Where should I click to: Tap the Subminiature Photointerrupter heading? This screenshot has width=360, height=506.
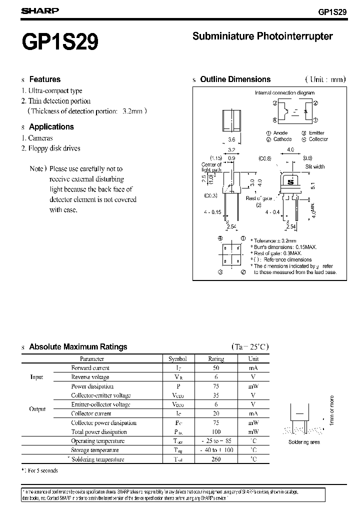point(262,36)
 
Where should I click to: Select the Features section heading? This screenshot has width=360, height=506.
point(44,79)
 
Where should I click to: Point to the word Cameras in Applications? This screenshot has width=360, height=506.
point(40,137)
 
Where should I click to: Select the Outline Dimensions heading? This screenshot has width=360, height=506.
point(235,79)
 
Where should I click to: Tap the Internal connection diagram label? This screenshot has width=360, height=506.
point(284,93)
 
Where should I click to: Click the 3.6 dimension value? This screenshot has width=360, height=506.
point(231,140)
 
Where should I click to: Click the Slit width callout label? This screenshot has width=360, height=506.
point(315,166)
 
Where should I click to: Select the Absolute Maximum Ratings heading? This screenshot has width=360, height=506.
point(78,346)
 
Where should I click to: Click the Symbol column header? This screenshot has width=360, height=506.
point(177,359)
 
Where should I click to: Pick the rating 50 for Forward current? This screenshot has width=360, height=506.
point(216,368)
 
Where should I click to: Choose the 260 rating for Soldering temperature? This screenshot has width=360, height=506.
point(216,459)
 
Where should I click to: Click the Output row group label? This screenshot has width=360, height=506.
point(37,409)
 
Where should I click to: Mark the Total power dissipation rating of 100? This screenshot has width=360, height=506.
point(216,432)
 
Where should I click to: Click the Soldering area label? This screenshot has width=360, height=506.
point(304,442)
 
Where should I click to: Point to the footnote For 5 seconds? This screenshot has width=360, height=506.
point(42,470)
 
